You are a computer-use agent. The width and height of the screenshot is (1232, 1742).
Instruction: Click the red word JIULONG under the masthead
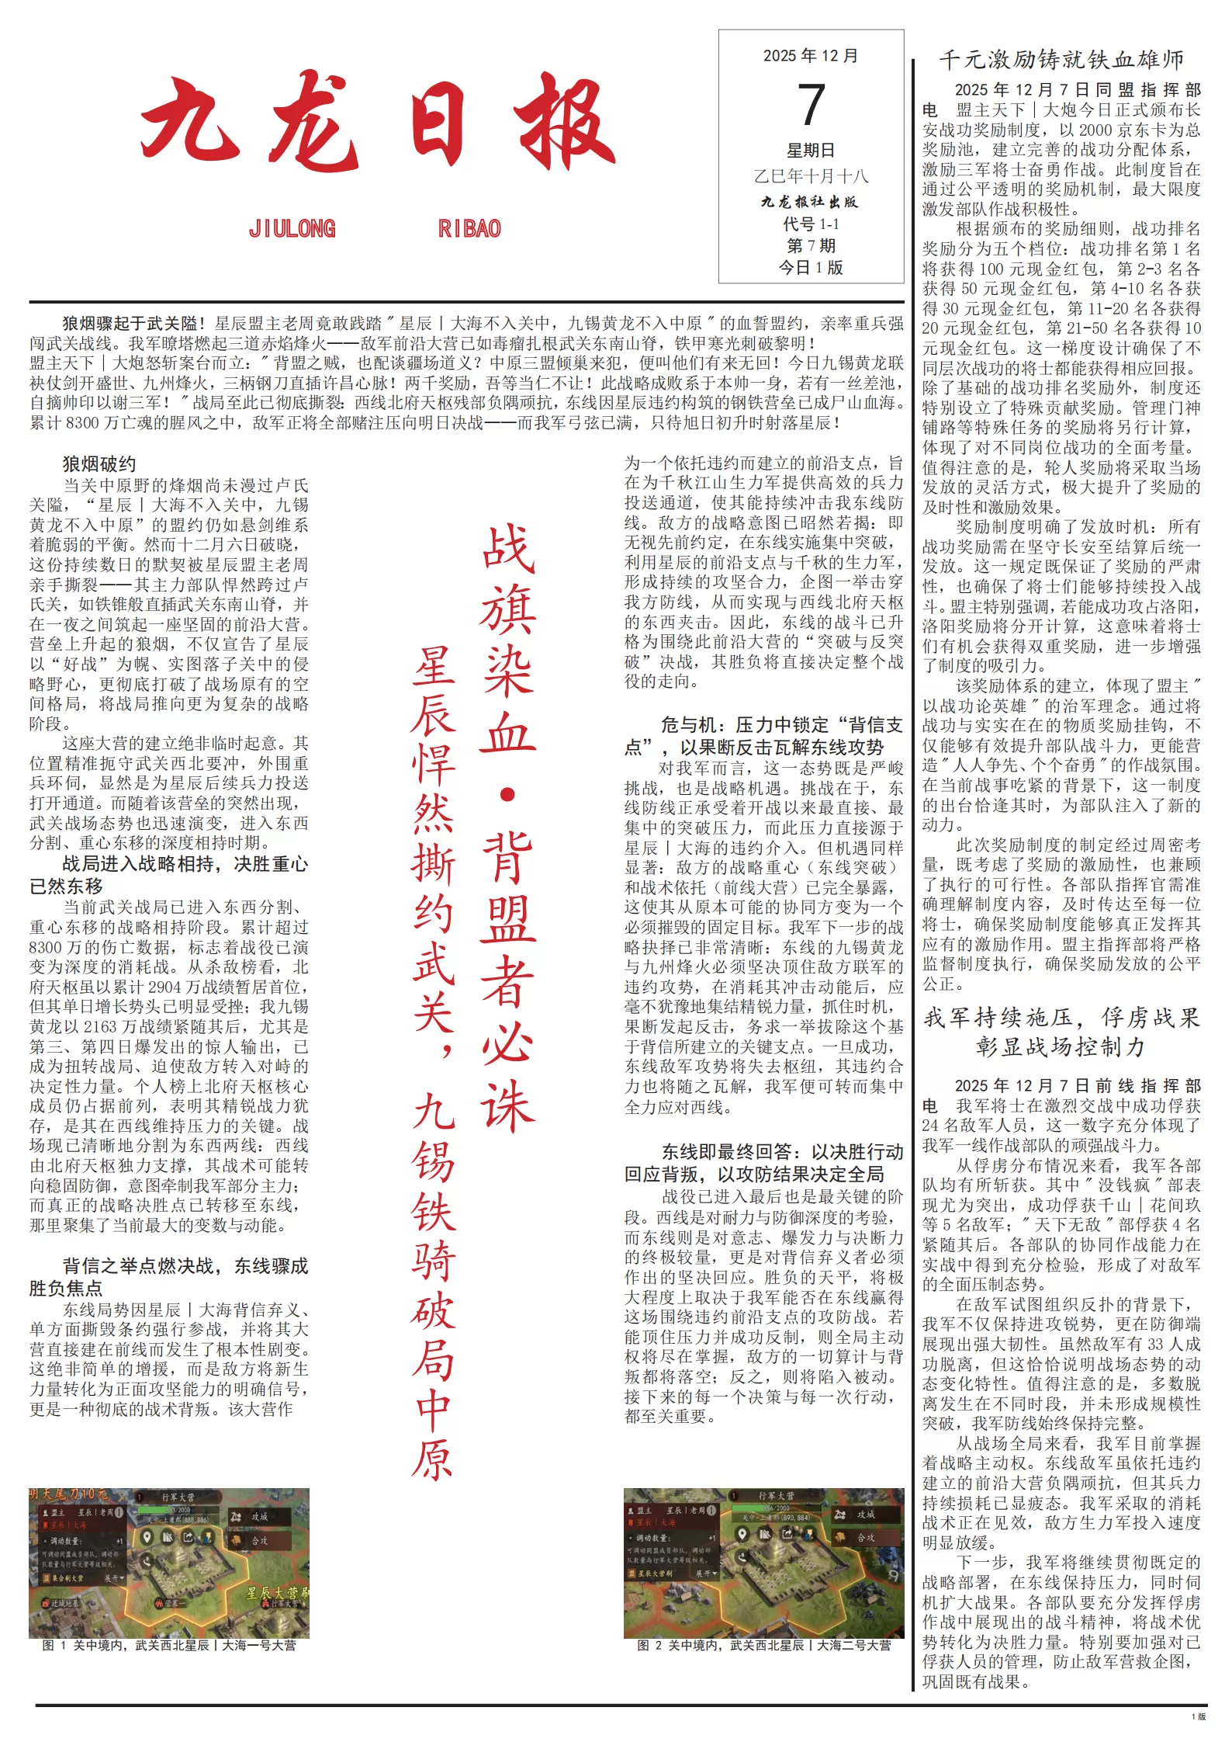(292, 229)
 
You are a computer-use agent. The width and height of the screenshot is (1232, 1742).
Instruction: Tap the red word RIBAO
(469, 229)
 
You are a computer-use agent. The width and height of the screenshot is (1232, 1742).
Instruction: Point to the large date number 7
(811, 105)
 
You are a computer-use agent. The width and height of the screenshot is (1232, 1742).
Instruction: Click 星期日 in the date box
(811, 151)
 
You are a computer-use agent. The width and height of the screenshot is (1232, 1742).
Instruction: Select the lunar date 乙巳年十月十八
(811, 176)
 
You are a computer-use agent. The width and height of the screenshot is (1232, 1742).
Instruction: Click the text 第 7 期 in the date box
(811, 246)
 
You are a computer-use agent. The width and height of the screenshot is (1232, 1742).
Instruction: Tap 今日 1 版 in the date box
(811, 268)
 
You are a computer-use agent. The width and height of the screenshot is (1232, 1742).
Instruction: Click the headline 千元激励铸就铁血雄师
(1061, 60)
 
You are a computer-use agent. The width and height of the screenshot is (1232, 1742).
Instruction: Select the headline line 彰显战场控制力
(1061, 1047)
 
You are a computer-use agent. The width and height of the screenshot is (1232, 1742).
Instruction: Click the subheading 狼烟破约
(99, 464)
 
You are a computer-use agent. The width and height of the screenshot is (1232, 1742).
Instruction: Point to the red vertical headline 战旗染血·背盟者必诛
(507, 827)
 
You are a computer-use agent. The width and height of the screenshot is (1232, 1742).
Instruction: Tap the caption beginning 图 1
(169, 1645)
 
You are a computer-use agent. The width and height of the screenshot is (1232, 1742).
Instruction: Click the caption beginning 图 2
(764, 1645)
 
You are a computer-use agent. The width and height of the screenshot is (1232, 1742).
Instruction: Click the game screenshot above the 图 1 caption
(169, 1563)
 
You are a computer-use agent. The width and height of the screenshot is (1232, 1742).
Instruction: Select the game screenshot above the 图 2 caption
(764, 1563)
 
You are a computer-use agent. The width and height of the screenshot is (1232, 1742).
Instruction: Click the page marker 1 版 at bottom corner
(1199, 1716)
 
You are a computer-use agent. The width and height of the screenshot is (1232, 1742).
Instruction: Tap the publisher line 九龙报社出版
(811, 202)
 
